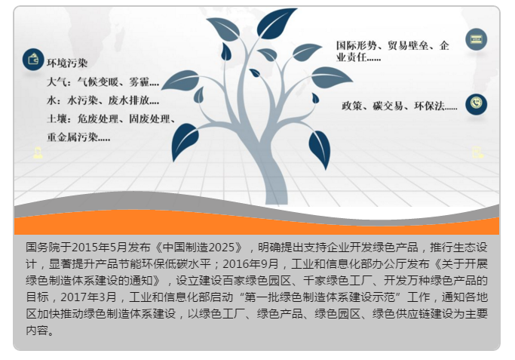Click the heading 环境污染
point(67,63)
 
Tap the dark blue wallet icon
point(33,60)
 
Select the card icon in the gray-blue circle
point(477,39)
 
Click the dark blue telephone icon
point(477,104)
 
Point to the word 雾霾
point(139,82)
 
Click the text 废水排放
point(128,100)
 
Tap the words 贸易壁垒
point(408,45)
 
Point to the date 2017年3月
point(89,297)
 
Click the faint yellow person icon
point(38,153)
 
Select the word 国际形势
point(357,45)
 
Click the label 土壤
point(57,118)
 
